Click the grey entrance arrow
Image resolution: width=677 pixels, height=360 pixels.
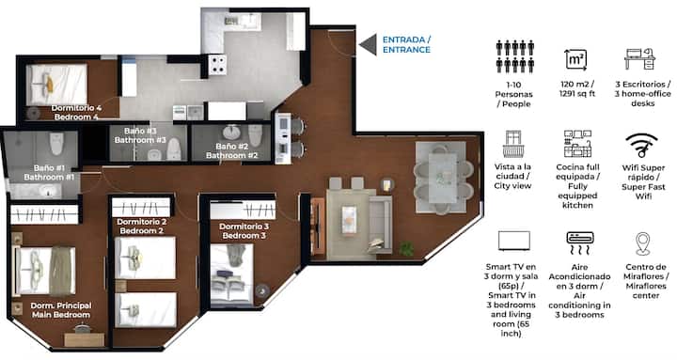coord(370,45)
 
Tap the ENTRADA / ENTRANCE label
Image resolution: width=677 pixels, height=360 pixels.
coord(406,44)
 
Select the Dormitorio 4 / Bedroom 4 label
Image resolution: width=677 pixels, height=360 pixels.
coord(76,112)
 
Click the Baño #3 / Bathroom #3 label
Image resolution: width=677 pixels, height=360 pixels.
coord(140,135)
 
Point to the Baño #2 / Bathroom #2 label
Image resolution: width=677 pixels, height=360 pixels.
coord(232,151)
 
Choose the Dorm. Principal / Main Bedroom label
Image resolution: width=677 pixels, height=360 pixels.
coord(61,310)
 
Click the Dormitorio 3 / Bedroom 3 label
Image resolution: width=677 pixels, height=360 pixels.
coord(244,231)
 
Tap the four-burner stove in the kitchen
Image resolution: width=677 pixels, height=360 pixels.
coord(217,64)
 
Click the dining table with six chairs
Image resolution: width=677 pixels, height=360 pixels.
coord(444,178)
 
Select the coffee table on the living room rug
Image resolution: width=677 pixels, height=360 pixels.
coord(349,219)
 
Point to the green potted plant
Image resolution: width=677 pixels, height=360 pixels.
coord(406,249)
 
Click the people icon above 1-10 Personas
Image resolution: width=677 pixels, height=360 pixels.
coord(515,56)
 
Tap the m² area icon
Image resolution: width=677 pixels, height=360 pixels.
coord(576,60)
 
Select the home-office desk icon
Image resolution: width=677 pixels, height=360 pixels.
coord(640,58)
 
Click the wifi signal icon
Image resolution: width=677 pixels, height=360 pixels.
coord(641,145)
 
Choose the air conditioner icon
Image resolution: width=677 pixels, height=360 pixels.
coord(580,243)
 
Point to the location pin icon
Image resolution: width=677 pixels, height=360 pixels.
coord(642,243)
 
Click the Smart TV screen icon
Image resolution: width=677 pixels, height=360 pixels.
coord(513,241)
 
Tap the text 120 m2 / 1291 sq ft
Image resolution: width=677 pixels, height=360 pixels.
coord(577,88)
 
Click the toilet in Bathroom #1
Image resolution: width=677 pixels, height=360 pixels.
coord(56,143)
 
